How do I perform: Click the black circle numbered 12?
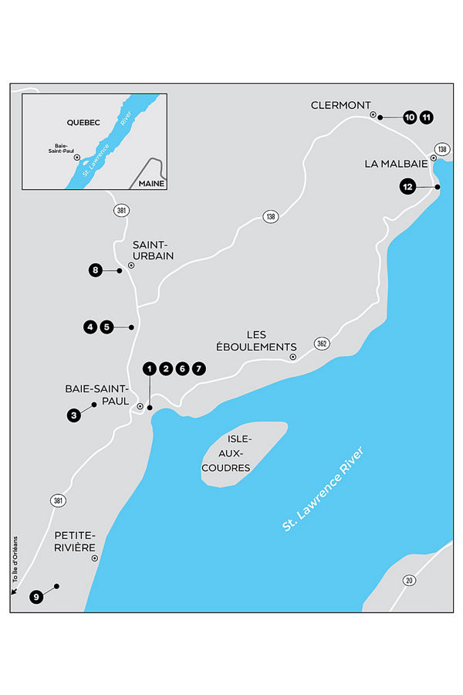click(408, 186)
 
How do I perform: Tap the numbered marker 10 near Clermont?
click(409, 117)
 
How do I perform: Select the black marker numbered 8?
click(96, 270)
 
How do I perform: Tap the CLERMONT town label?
click(340, 105)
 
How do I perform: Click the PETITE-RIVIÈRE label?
click(74, 541)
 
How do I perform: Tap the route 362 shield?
click(322, 344)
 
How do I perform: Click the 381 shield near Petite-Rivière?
click(59, 501)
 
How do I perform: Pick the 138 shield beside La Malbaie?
click(441, 149)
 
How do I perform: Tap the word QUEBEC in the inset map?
click(62, 122)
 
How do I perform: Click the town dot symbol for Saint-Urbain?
click(131, 265)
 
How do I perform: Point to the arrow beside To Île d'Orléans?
click(14, 592)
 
